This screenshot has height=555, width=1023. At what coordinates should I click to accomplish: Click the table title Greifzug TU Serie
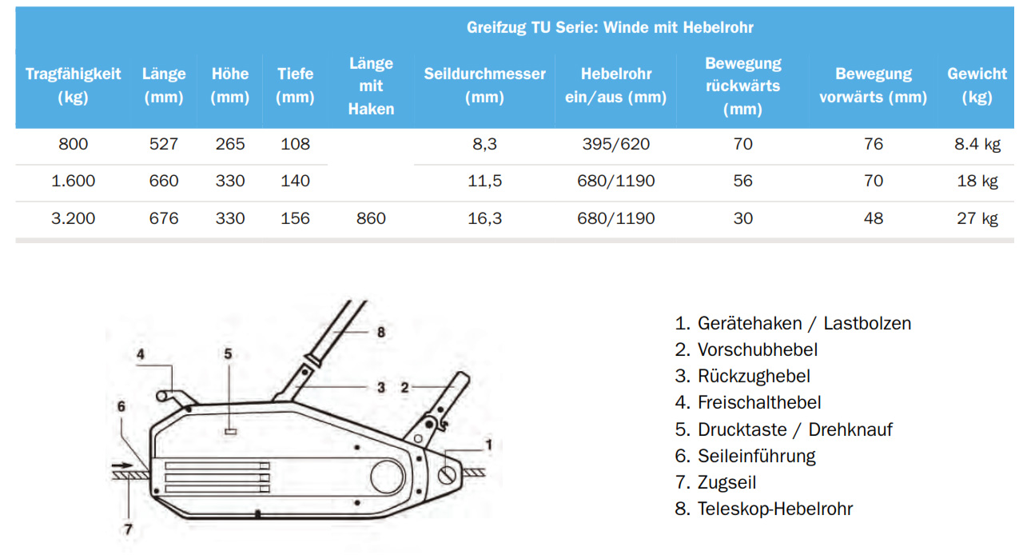click(x=610, y=28)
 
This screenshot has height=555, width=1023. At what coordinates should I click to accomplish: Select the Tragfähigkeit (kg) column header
click(x=73, y=86)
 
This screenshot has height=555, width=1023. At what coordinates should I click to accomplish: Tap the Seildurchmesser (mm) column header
click(x=484, y=86)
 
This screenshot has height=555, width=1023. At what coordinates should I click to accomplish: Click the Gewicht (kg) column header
click(x=977, y=86)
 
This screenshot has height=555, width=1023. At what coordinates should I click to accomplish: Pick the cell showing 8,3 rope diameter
click(x=484, y=145)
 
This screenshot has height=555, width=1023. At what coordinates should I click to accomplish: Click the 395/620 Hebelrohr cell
click(x=615, y=145)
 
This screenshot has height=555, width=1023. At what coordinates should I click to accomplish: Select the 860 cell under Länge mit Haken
click(x=371, y=218)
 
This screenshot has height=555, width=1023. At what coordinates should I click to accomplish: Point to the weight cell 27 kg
click(x=977, y=218)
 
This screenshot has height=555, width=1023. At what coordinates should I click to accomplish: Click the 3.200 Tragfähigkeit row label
click(x=73, y=218)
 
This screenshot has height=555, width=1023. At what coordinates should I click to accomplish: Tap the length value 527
click(x=164, y=145)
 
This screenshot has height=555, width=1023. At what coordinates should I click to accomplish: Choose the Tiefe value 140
click(x=295, y=182)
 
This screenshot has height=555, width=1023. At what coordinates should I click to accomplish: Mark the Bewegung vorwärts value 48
click(x=874, y=218)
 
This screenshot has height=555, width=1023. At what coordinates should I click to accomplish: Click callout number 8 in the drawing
click(x=381, y=331)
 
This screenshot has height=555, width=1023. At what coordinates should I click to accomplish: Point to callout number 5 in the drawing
click(x=228, y=353)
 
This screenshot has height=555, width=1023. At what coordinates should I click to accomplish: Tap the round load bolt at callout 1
click(x=448, y=474)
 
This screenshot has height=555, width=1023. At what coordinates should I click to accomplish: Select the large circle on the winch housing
click(x=387, y=478)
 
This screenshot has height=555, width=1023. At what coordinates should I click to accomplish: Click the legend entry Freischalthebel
click(x=758, y=402)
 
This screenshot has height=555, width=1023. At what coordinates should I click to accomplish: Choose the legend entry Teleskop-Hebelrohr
click(x=774, y=509)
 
